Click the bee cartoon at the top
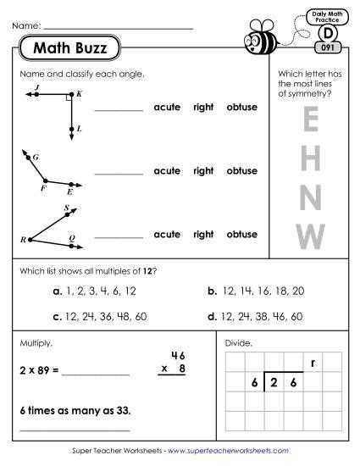(x=260, y=36)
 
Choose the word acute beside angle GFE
(x=167, y=171)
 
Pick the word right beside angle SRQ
(x=203, y=234)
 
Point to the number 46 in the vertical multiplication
(x=177, y=355)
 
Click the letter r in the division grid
(x=313, y=363)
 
